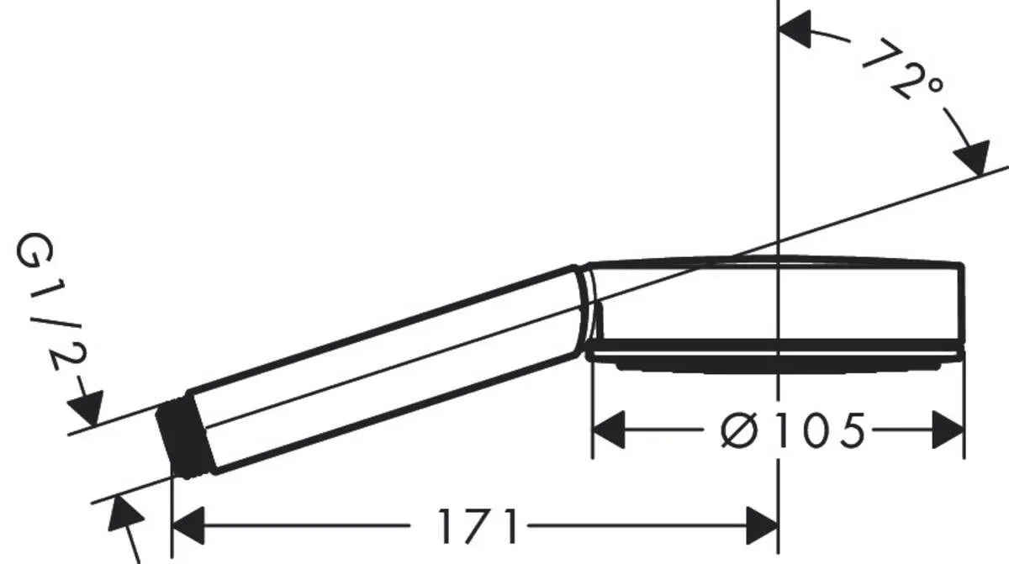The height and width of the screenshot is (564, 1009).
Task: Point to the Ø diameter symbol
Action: [740, 431]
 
